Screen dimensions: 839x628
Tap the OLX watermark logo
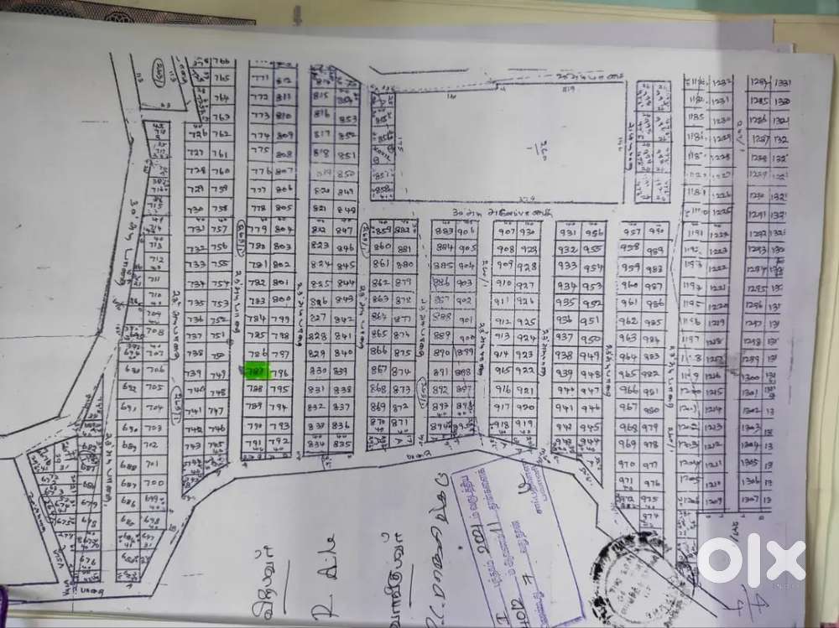click(750, 558)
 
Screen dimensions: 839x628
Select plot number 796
click(279, 373)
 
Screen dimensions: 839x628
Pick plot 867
click(379, 370)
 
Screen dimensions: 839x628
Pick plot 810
click(283, 116)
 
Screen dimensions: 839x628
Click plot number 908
click(505, 249)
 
